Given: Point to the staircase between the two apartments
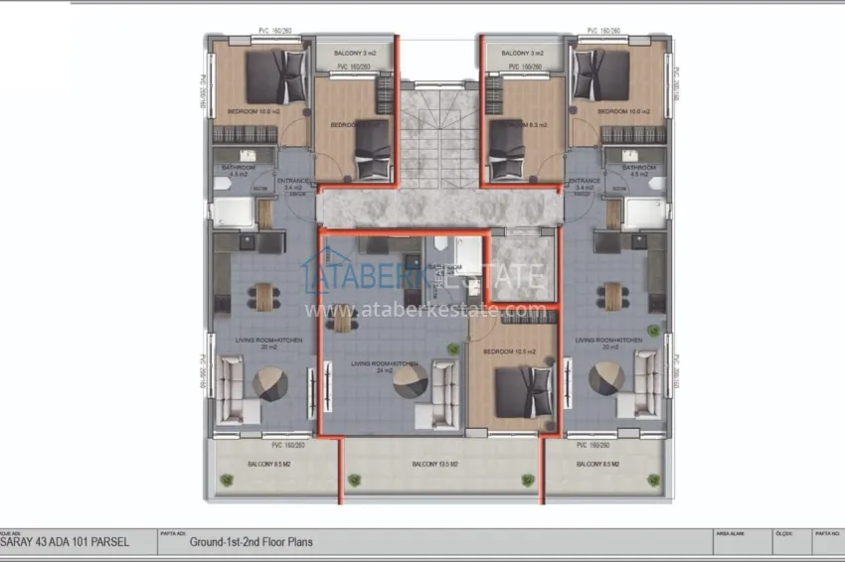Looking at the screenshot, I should [438, 134].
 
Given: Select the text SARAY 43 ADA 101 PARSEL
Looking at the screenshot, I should [61, 543].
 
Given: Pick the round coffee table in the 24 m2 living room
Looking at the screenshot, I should [411, 380].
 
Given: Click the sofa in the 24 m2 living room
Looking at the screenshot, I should [443, 380].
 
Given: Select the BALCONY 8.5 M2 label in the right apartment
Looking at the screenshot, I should [598, 464].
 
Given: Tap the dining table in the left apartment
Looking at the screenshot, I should [263, 297].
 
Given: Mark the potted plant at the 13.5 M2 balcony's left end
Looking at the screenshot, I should [352, 482].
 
